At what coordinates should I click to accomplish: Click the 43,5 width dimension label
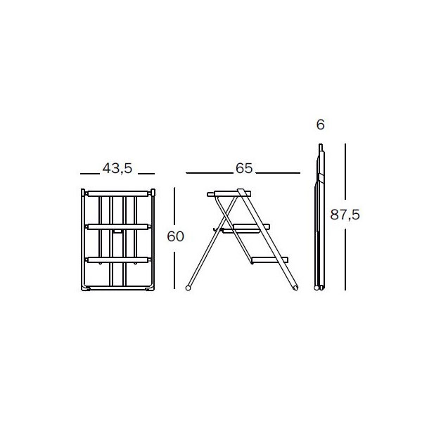(x=117, y=169)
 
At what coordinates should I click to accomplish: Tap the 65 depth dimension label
(x=244, y=169)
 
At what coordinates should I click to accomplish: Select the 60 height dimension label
(x=175, y=236)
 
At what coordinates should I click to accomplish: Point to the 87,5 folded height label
(x=345, y=215)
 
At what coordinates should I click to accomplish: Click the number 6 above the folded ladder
(x=320, y=125)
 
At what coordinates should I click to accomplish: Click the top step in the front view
(x=118, y=194)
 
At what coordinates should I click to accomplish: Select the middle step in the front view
(x=118, y=227)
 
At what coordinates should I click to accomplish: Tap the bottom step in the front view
(x=118, y=260)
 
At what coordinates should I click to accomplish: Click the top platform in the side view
(x=229, y=194)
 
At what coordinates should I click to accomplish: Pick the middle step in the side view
(x=246, y=227)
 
